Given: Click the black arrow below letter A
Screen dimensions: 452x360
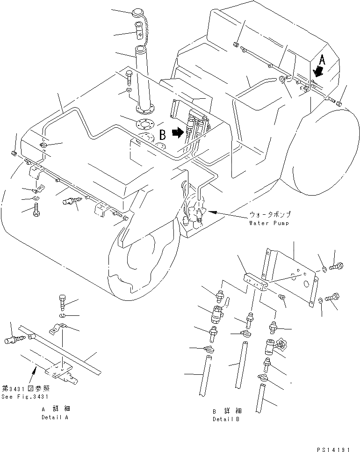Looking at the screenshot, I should coord(319,72).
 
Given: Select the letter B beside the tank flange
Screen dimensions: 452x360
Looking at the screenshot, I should coord(162,135).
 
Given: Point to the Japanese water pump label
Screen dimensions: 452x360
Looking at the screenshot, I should coord(270,215).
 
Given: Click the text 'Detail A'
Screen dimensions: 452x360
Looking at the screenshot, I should coord(55,417).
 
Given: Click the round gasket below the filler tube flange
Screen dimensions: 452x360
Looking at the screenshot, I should coord(144,124).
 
